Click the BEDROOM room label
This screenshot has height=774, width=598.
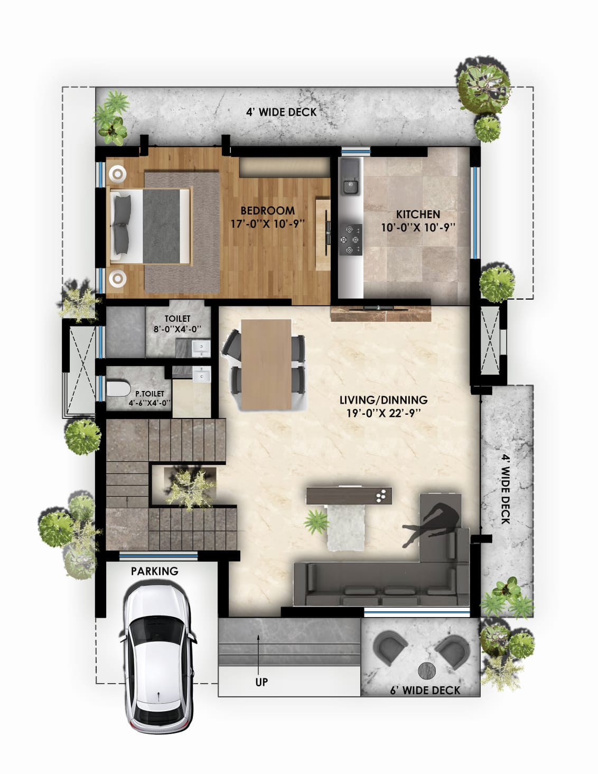[x=267, y=210]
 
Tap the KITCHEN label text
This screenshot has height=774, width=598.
[x=418, y=215]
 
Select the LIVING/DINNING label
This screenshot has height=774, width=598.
[x=384, y=399]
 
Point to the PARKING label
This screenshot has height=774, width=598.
[x=155, y=571]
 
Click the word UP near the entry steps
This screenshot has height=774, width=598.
[x=261, y=682]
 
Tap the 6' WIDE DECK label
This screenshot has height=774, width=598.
[x=425, y=691]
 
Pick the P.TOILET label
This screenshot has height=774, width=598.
[x=149, y=394]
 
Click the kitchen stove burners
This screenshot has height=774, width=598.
[x=350, y=240]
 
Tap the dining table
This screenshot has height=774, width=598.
[x=266, y=365]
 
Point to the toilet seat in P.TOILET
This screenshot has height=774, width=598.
[x=118, y=389]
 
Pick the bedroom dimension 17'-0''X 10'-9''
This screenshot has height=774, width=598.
[x=267, y=224]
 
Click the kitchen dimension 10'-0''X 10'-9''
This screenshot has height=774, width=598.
[x=418, y=228]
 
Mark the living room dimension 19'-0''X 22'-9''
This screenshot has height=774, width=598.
[x=384, y=414]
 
